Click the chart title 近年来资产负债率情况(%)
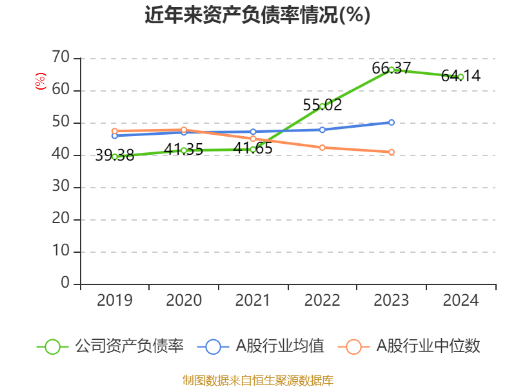257,15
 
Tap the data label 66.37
392,68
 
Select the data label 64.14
461,75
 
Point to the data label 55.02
322,104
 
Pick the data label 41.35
183,149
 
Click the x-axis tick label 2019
114,300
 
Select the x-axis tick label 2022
322,300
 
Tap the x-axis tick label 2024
461,300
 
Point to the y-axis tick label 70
61,58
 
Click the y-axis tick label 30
61,187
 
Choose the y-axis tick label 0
64,283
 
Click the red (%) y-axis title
41,81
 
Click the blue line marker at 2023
392,122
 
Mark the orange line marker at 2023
392,152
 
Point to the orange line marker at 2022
322,148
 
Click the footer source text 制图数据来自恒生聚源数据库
257,380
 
